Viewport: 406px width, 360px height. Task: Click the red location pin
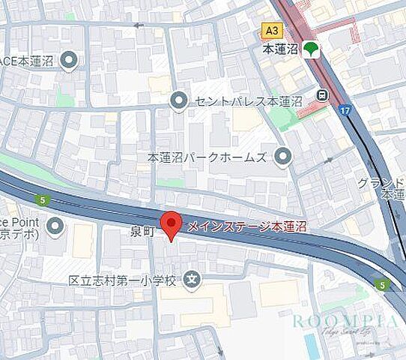tap(172, 225)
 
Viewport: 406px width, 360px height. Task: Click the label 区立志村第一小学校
tap(122, 280)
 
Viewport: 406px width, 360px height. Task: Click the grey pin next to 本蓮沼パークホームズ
tap(282, 157)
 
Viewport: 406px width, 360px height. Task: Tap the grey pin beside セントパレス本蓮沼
tap(178, 100)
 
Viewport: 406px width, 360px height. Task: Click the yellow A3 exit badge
tap(273, 30)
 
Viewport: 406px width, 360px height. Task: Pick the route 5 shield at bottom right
tap(382, 284)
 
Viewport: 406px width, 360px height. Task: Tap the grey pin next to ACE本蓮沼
tap(70, 60)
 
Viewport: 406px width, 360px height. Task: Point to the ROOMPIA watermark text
tap(344, 321)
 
